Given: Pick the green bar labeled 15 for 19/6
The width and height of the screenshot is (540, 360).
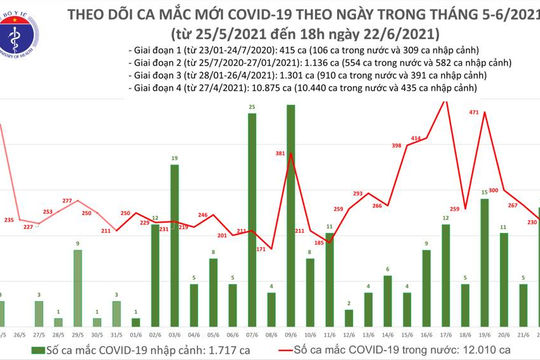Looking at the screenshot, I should [483, 257].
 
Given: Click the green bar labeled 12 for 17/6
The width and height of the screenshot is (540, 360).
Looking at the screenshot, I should [445, 270].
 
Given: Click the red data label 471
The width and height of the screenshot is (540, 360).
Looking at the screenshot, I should [476, 113].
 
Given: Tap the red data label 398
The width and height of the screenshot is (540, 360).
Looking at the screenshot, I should [397, 147].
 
